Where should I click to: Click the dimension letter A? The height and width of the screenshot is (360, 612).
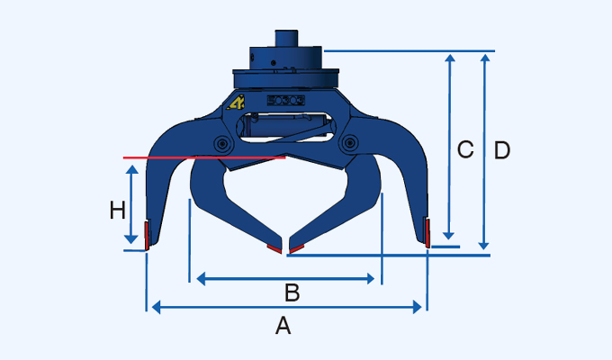[x=283, y=327]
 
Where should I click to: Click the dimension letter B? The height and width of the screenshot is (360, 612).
[x=292, y=292]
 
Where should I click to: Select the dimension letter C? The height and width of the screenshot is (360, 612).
[x=465, y=150]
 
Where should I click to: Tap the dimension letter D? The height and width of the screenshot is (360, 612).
[x=502, y=150]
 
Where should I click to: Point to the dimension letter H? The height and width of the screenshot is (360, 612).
[x=117, y=211]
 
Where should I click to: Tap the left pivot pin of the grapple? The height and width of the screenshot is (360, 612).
[x=220, y=143]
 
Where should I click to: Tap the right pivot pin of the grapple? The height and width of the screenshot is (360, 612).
[x=348, y=142]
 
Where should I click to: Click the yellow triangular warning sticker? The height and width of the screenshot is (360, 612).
[x=237, y=103]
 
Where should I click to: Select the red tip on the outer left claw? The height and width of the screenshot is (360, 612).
[x=146, y=233]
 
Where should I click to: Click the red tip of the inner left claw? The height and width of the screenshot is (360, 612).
[x=274, y=245]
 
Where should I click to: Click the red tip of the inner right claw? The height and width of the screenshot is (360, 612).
[x=295, y=245]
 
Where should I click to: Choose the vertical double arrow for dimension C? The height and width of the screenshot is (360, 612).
[x=449, y=148]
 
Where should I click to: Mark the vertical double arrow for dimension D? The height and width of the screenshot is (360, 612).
[x=485, y=150]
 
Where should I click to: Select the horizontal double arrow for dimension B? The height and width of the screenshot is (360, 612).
[x=285, y=279]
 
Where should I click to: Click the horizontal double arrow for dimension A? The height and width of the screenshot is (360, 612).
[x=285, y=308]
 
